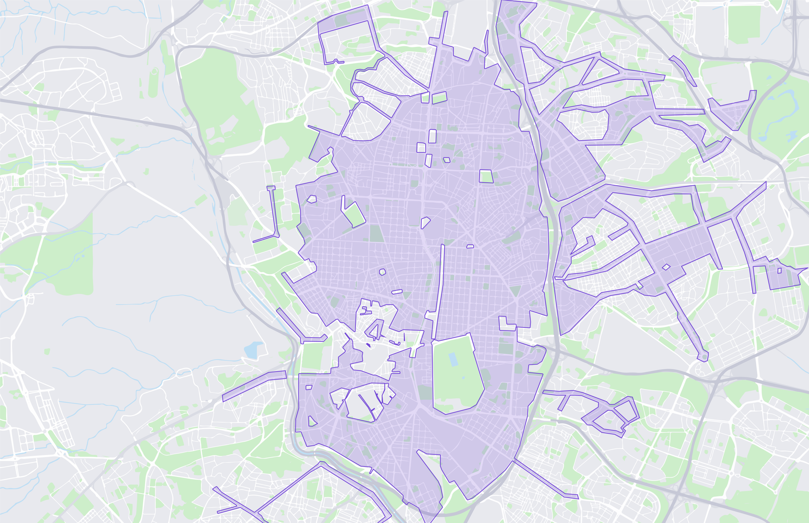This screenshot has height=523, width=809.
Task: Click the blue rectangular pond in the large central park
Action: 453,359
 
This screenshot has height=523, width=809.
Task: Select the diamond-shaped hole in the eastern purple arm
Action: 666,267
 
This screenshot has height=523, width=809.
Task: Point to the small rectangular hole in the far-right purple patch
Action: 779,271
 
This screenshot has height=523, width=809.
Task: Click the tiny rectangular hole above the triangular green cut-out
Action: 309,387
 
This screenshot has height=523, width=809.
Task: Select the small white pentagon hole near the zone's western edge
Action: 312,199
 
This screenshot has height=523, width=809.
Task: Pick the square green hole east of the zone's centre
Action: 486,176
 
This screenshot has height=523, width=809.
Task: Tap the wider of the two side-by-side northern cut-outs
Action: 439,98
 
